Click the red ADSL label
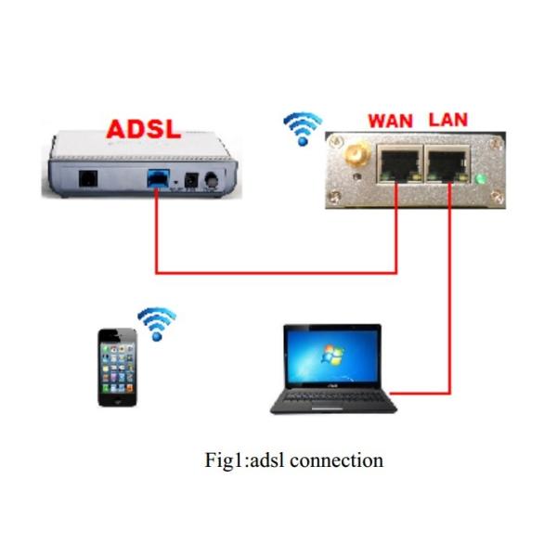(x=145, y=127)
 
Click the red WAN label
(x=391, y=121)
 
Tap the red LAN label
(x=447, y=120)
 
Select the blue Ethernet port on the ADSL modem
(x=158, y=177)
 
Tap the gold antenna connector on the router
(x=353, y=154)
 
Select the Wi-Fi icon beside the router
(x=302, y=127)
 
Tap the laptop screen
(x=332, y=356)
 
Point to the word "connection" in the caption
(x=337, y=460)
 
